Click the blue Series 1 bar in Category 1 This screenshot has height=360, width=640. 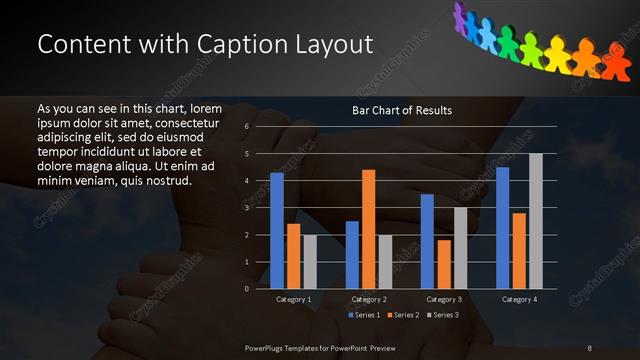(277, 231)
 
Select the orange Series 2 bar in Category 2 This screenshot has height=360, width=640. (369, 229)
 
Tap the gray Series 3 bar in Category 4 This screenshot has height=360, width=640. (535, 221)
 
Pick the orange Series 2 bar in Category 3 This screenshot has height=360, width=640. (444, 264)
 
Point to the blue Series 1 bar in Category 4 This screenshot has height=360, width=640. (503, 228)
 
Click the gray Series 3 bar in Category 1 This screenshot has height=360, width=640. (310, 262)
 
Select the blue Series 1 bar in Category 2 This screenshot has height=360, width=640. (352, 255)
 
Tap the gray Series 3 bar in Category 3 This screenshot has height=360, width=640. (460, 248)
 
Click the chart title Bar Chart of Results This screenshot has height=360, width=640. (402, 110)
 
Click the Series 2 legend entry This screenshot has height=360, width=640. (403, 316)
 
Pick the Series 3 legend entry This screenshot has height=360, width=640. (442, 316)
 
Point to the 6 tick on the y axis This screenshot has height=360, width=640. (247, 127)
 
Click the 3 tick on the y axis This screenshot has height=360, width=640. (247, 208)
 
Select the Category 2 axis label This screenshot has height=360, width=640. (369, 299)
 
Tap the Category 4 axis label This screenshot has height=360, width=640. (519, 299)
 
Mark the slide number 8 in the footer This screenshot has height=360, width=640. (590, 347)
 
